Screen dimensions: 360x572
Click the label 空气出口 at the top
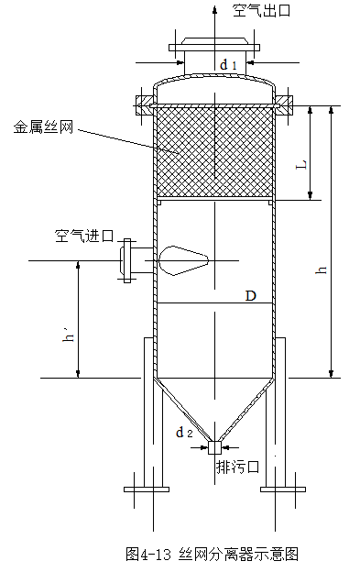point(262,11)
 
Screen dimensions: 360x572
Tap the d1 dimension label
point(228,65)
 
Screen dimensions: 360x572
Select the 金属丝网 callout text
point(43,126)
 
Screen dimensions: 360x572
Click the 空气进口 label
point(84,236)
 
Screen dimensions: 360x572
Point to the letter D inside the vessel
point(250,296)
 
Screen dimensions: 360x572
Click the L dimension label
point(301,165)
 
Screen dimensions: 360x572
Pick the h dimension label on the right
point(322,269)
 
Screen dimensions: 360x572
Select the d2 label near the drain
point(184,433)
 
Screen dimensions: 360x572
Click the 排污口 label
point(238,467)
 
